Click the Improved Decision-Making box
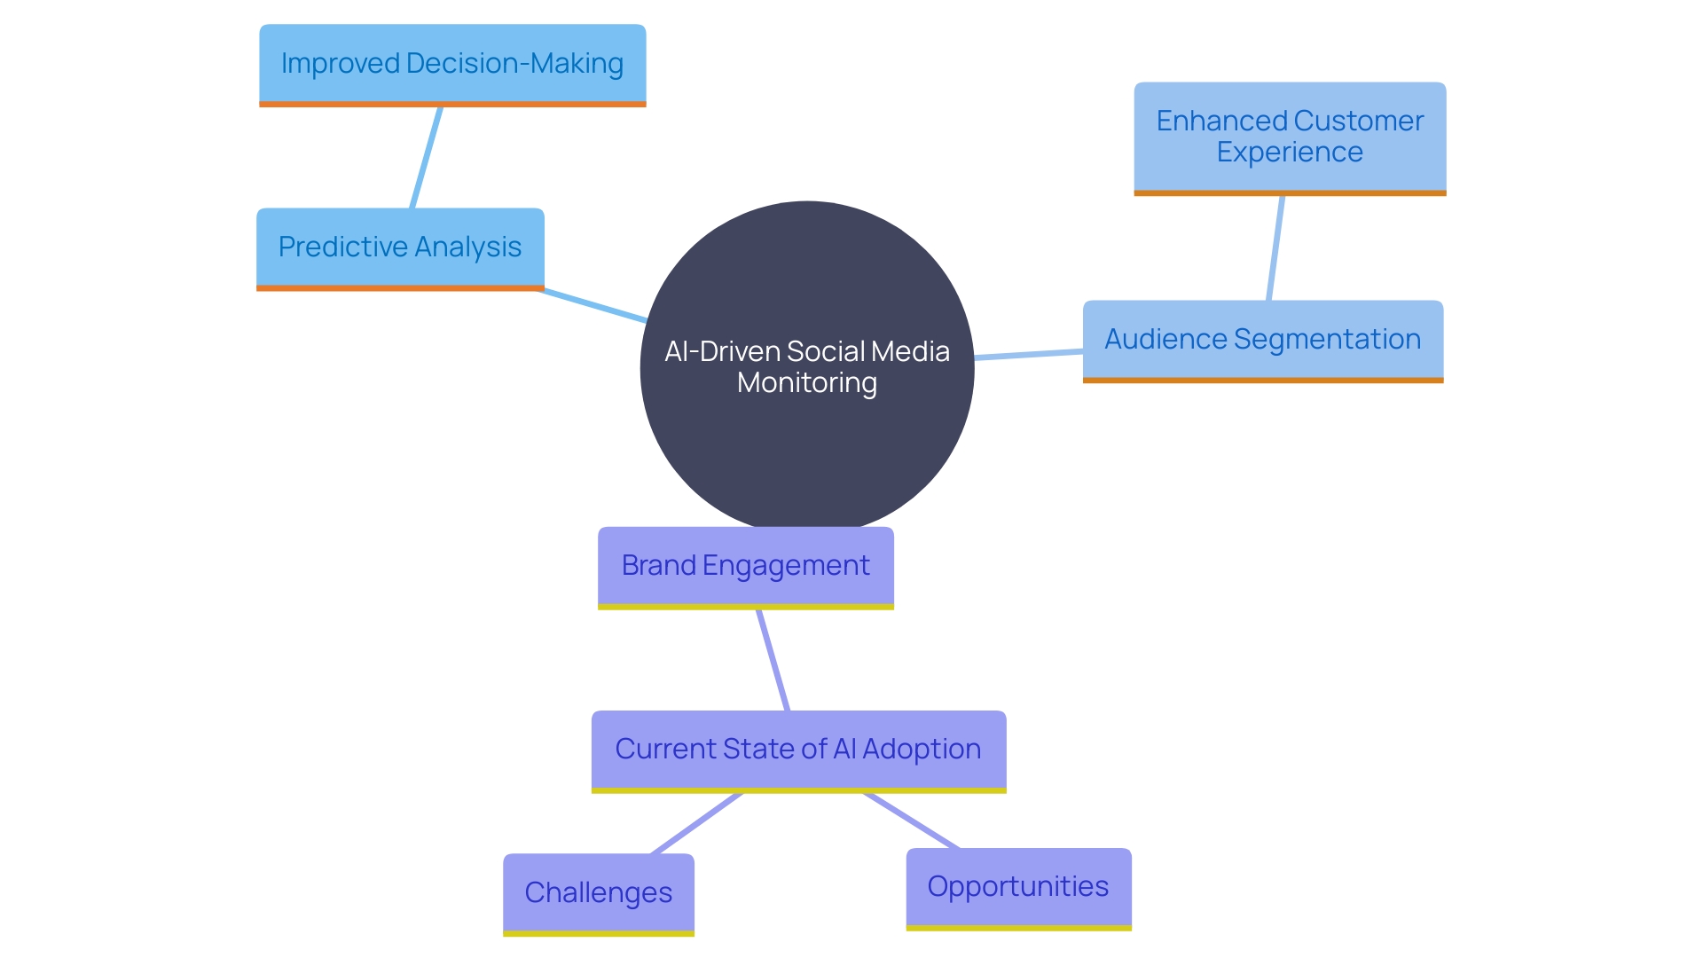tap(452, 64)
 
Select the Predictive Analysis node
tap(400, 247)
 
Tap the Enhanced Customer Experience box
tap(1290, 137)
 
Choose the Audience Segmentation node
tap(1262, 340)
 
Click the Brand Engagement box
tap(745, 566)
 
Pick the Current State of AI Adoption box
tap(798, 750)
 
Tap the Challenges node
tap(598, 892)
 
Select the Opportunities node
tap(1018, 887)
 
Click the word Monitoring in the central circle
tap(806, 383)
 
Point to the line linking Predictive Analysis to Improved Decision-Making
tap(427, 158)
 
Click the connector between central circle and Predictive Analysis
tap(594, 305)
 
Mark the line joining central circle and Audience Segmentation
tap(1029, 355)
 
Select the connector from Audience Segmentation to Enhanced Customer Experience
tap(1275, 248)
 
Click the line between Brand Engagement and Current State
tap(773, 661)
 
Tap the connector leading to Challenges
tap(696, 824)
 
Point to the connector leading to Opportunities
tap(912, 821)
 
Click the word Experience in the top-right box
tap(1290, 153)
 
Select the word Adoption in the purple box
tap(922, 750)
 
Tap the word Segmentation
tap(1327, 340)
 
